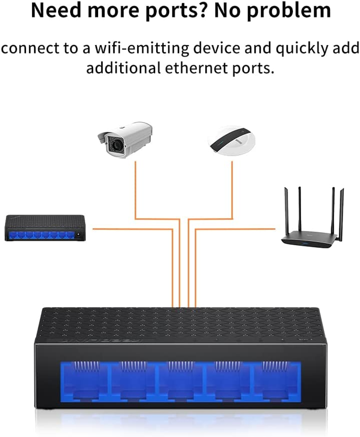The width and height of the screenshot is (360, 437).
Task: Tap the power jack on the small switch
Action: [x=80, y=234]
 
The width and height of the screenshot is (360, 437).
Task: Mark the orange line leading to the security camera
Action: [x=135, y=189]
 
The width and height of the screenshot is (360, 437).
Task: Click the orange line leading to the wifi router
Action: [x=234, y=229]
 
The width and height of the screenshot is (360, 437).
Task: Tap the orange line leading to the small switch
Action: [x=130, y=229]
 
